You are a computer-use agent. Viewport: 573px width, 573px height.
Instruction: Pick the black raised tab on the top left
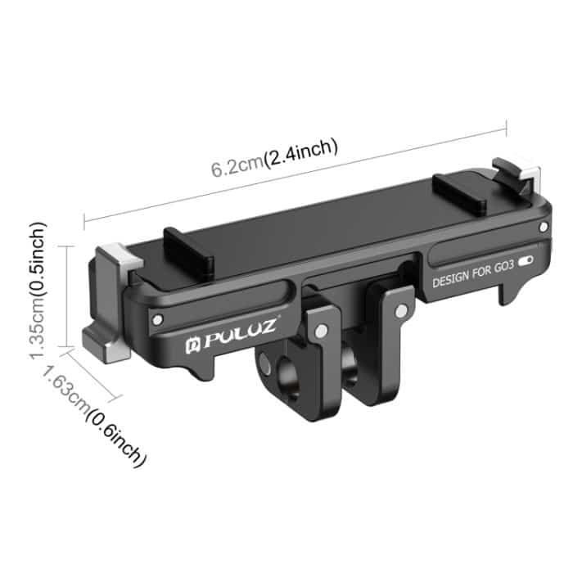[187, 250]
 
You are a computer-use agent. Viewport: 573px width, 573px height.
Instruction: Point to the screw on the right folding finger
[399, 311]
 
